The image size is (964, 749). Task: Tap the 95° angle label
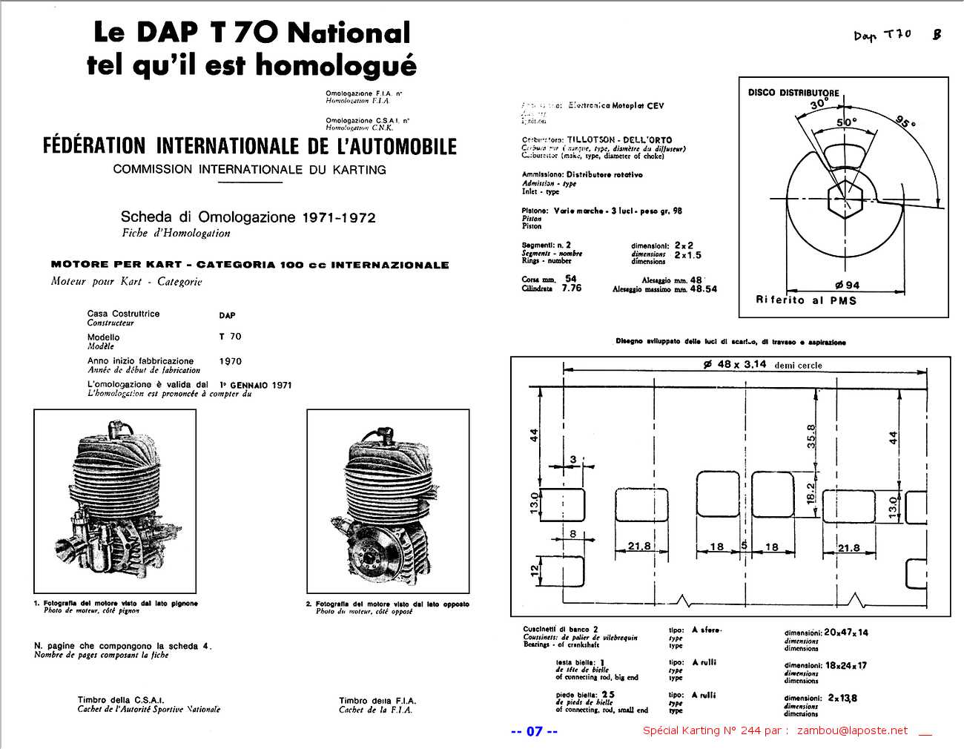(905, 122)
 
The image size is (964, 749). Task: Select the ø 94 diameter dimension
(846, 285)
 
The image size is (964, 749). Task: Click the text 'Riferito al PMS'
(806, 300)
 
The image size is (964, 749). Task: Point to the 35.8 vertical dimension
(811, 436)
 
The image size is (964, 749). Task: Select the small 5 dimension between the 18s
(744, 546)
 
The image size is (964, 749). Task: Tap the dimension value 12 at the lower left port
(534, 570)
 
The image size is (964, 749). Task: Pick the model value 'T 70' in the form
(230, 337)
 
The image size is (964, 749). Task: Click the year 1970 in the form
(230, 361)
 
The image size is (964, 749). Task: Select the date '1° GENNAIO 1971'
(255, 385)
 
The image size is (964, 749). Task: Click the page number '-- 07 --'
(534, 731)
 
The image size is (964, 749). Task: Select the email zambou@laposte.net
(852, 730)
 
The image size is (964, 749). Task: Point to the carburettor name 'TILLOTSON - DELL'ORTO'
(619, 139)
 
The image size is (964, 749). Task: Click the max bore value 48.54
(703, 289)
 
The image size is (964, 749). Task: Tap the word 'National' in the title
(349, 33)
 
